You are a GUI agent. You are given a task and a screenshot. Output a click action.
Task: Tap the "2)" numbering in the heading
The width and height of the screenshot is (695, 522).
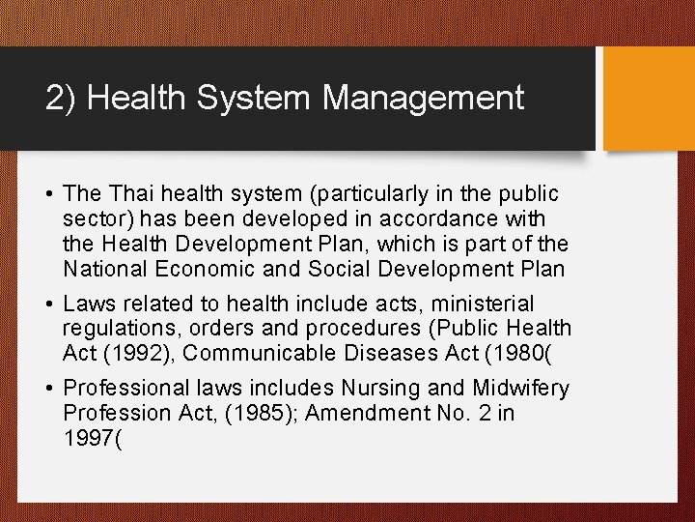pos(61,98)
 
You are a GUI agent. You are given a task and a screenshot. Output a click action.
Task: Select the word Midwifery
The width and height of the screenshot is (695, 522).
pos(521,388)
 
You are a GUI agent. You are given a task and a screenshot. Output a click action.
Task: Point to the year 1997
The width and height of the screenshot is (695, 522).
pos(87,438)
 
